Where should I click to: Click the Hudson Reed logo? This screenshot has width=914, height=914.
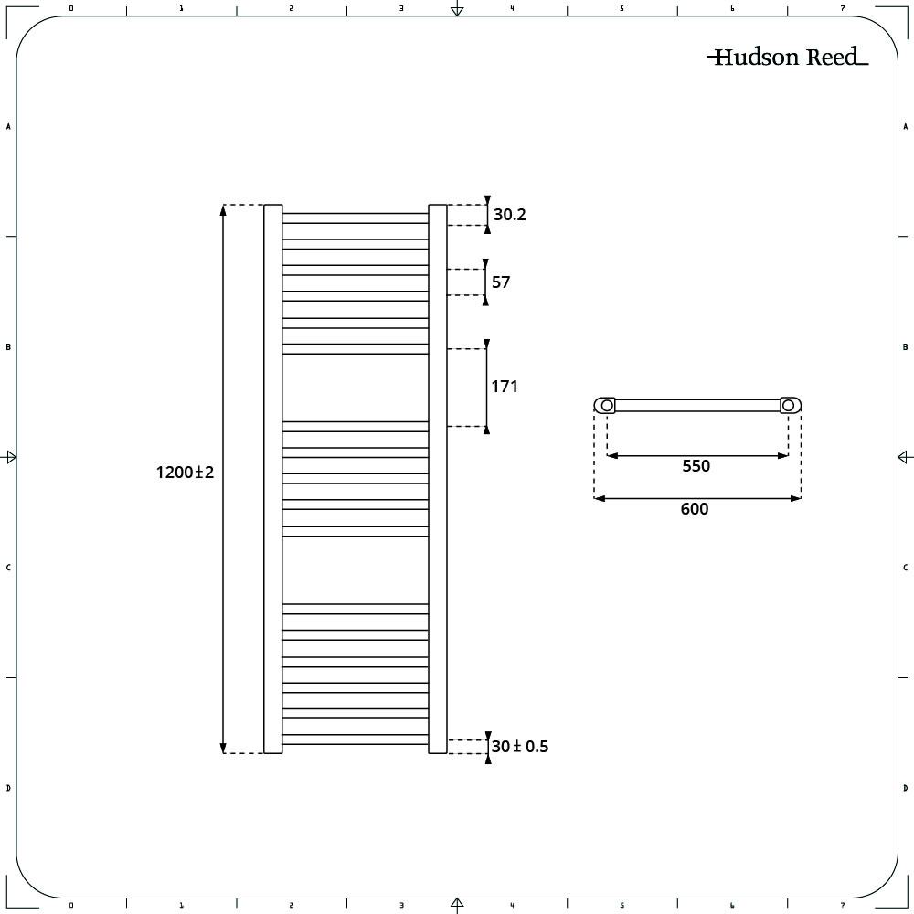coord(788,57)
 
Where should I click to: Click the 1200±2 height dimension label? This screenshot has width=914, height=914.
coord(185,473)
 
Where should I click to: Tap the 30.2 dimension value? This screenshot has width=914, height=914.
coord(509,215)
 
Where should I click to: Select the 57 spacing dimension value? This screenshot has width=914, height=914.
coord(501,282)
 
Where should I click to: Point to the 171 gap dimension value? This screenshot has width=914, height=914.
coord(505,387)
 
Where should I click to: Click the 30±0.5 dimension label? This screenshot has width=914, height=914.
coord(520,747)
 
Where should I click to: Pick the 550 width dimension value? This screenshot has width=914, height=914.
coord(696,466)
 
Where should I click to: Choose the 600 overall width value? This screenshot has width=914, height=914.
coord(695,509)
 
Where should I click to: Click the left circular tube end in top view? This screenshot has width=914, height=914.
coord(607,405)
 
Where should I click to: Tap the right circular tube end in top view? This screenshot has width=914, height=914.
coord(788,405)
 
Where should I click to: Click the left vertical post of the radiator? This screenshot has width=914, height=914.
coord(272,479)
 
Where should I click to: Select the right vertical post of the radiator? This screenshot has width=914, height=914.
coord(438,479)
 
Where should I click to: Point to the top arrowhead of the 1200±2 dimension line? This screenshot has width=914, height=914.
coord(223,209)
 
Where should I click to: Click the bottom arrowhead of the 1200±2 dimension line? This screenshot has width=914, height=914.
coord(223,749)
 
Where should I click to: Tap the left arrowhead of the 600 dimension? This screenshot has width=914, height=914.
coord(600,498)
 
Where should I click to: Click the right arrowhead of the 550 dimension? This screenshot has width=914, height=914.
coord(783,456)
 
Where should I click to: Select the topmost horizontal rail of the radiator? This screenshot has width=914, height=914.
coord(356,218)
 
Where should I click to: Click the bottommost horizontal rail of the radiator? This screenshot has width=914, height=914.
coord(356,739)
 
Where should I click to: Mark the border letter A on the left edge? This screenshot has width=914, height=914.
coord(8,126)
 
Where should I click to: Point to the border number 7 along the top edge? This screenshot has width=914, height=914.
coord(843,8)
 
